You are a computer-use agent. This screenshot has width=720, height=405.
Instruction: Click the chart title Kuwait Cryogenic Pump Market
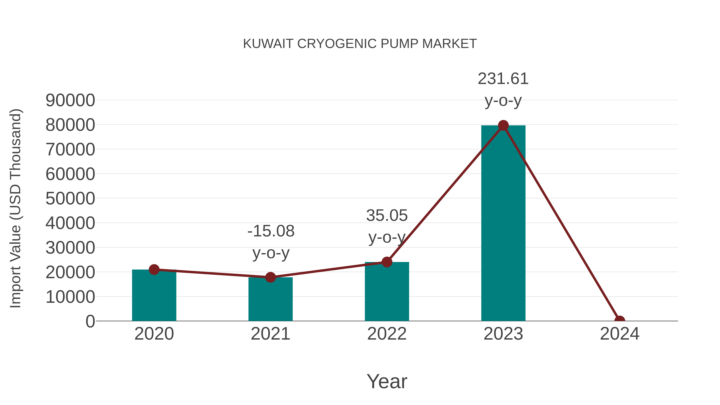point(360,44)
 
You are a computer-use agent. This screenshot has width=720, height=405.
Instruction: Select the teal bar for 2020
point(154,296)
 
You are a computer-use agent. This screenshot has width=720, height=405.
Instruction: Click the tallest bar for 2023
point(503,224)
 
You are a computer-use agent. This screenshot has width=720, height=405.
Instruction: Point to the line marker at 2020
point(154,270)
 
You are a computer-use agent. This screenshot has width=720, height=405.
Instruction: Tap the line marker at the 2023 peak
point(503,125)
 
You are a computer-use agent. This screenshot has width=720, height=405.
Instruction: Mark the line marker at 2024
point(620,320)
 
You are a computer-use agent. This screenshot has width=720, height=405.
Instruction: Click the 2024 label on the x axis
point(620,334)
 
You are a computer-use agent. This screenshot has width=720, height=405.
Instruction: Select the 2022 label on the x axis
point(387,334)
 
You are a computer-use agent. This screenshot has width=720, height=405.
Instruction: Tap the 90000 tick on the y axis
point(70,100)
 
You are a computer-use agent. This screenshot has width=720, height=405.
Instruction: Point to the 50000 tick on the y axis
point(70,199)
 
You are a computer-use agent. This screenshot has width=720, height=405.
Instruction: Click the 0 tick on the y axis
point(90,321)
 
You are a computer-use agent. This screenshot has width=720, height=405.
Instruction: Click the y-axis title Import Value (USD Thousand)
point(16,208)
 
